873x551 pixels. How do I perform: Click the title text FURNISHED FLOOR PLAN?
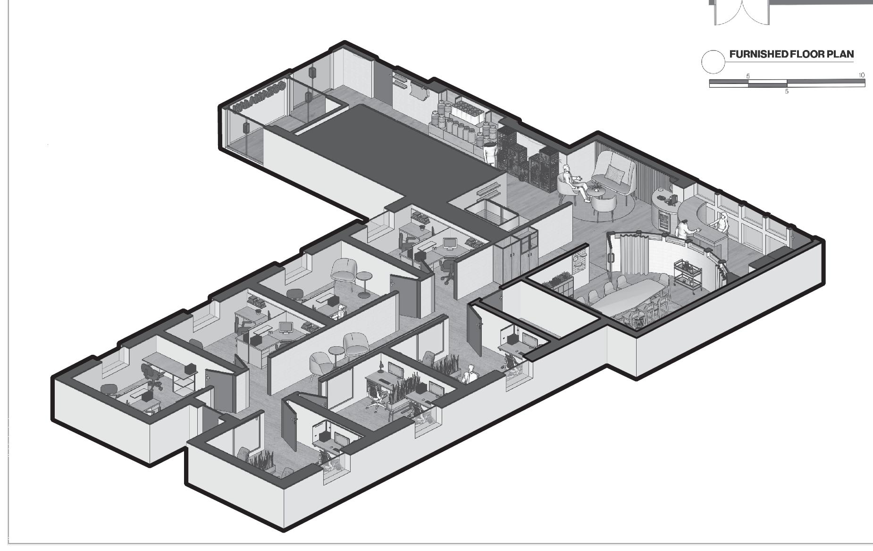pos(791,54)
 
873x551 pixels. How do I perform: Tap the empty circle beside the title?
pos(713,62)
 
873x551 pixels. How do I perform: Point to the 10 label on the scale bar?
pos(861,75)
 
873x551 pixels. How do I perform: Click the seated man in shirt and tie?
pos(469,375)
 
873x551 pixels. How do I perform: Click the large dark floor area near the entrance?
pos(396,151)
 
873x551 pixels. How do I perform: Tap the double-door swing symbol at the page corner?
pos(740,12)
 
